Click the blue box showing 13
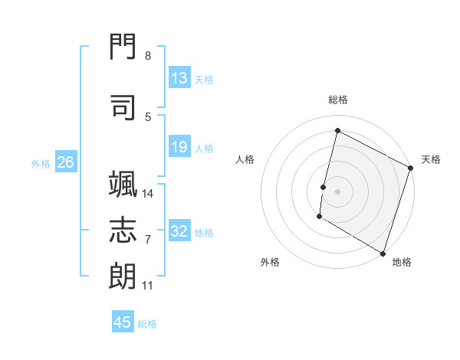179,78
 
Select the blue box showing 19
179,147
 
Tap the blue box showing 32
179,232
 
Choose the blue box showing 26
65,162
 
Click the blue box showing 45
123,322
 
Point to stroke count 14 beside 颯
148,193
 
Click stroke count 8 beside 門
147,56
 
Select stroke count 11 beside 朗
147,286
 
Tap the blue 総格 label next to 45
147,324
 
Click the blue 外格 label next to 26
40,164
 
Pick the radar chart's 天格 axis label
431,159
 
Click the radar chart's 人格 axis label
245,159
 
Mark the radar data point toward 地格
382,253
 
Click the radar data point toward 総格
337,131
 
